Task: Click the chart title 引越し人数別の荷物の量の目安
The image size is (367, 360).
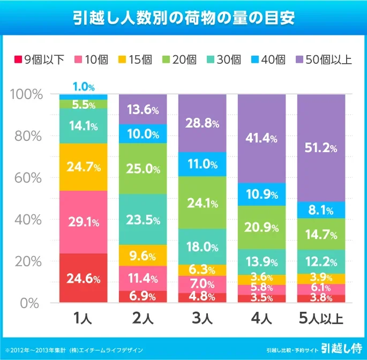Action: coord(183,18)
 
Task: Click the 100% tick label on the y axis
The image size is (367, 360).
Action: coord(26,94)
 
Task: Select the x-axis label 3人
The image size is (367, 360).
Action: coord(202,320)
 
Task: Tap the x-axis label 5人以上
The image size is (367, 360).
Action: coord(322,320)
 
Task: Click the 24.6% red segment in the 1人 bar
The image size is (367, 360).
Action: coord(83,278)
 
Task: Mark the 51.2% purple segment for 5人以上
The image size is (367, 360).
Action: coord(321,147)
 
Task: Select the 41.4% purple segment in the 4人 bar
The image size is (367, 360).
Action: coord(262,138)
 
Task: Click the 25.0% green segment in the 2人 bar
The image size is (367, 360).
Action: coord(143,169)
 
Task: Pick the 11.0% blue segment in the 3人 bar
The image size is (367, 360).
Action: coord(202,164)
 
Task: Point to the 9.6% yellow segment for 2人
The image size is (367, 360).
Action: coord(143,256)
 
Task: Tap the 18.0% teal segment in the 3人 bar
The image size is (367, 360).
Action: coord(202,247)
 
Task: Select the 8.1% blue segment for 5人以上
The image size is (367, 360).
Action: coord(321,209)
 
